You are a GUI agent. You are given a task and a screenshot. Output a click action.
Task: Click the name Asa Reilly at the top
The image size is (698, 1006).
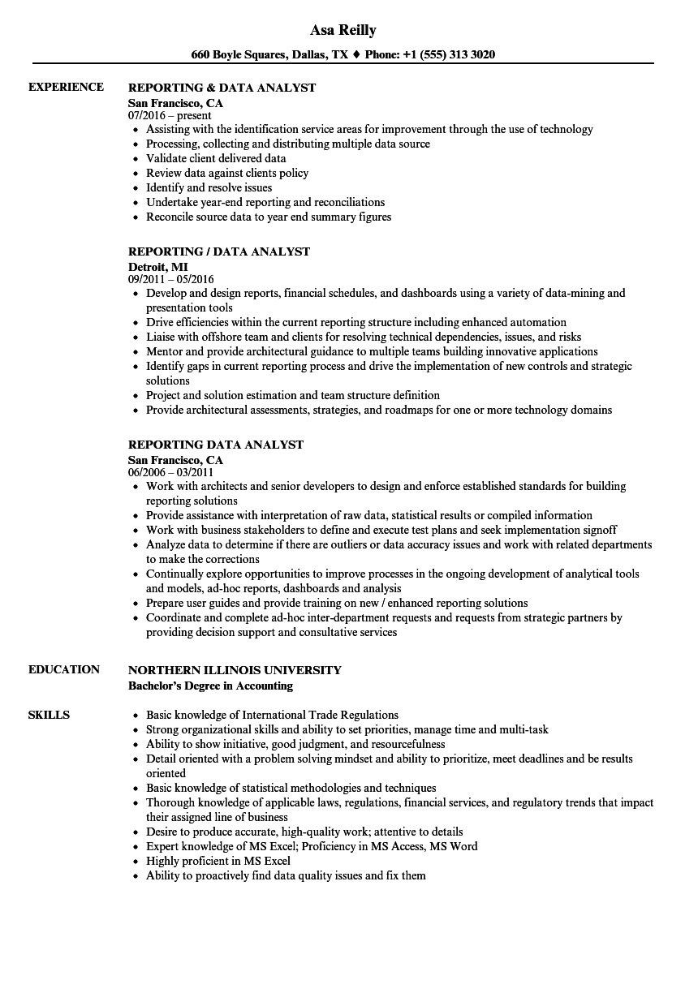pyautogui.click(x=343, y=30)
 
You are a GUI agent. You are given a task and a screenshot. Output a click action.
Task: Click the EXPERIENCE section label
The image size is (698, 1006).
pyautogui.click(x=66, y=87)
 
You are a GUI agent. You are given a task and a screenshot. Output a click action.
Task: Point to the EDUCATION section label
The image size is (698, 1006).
pyautogui.click(x=64, y=669)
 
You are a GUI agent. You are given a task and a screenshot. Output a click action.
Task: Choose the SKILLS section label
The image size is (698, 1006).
pyautogui.click(x=49, y=715)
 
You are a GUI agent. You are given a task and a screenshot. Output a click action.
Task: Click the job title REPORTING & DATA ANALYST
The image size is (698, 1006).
pyautogui.click(x=222, y=88)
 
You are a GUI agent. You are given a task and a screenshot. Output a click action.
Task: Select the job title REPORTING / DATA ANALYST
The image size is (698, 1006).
pyautogui.click(x=219, y=251)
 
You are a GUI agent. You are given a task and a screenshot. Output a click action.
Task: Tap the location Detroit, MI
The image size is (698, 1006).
pyautogui.click(x=158, y=266)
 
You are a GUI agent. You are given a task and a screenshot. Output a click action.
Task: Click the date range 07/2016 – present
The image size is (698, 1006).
pyautogui.click(x=170, y=116)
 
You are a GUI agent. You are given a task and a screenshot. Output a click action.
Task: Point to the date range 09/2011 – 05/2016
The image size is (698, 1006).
pyautogui.click(x=171, y=280)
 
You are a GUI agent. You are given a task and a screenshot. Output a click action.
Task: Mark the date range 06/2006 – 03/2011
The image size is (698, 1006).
pyautogui.click(x=170, y=472)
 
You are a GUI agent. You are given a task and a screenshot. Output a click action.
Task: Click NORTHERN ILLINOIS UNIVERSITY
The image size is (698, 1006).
pyautogui.click(x=235, y=670)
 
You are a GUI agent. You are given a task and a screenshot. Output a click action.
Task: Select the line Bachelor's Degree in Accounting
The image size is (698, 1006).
pyautogui.click(x=210, y=686)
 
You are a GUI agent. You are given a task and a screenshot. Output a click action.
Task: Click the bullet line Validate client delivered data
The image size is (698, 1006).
pyautogui.click(x=216, y=158)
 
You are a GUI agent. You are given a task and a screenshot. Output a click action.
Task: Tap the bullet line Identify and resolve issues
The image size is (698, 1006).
pyautogui.click(x=209, y=187)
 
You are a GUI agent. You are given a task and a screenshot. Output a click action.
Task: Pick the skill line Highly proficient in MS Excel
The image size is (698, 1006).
pyautogui.click(x=218, y=861)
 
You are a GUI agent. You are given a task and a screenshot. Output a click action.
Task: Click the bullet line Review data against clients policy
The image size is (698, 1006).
pyautogui.click(x=227, y=173)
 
